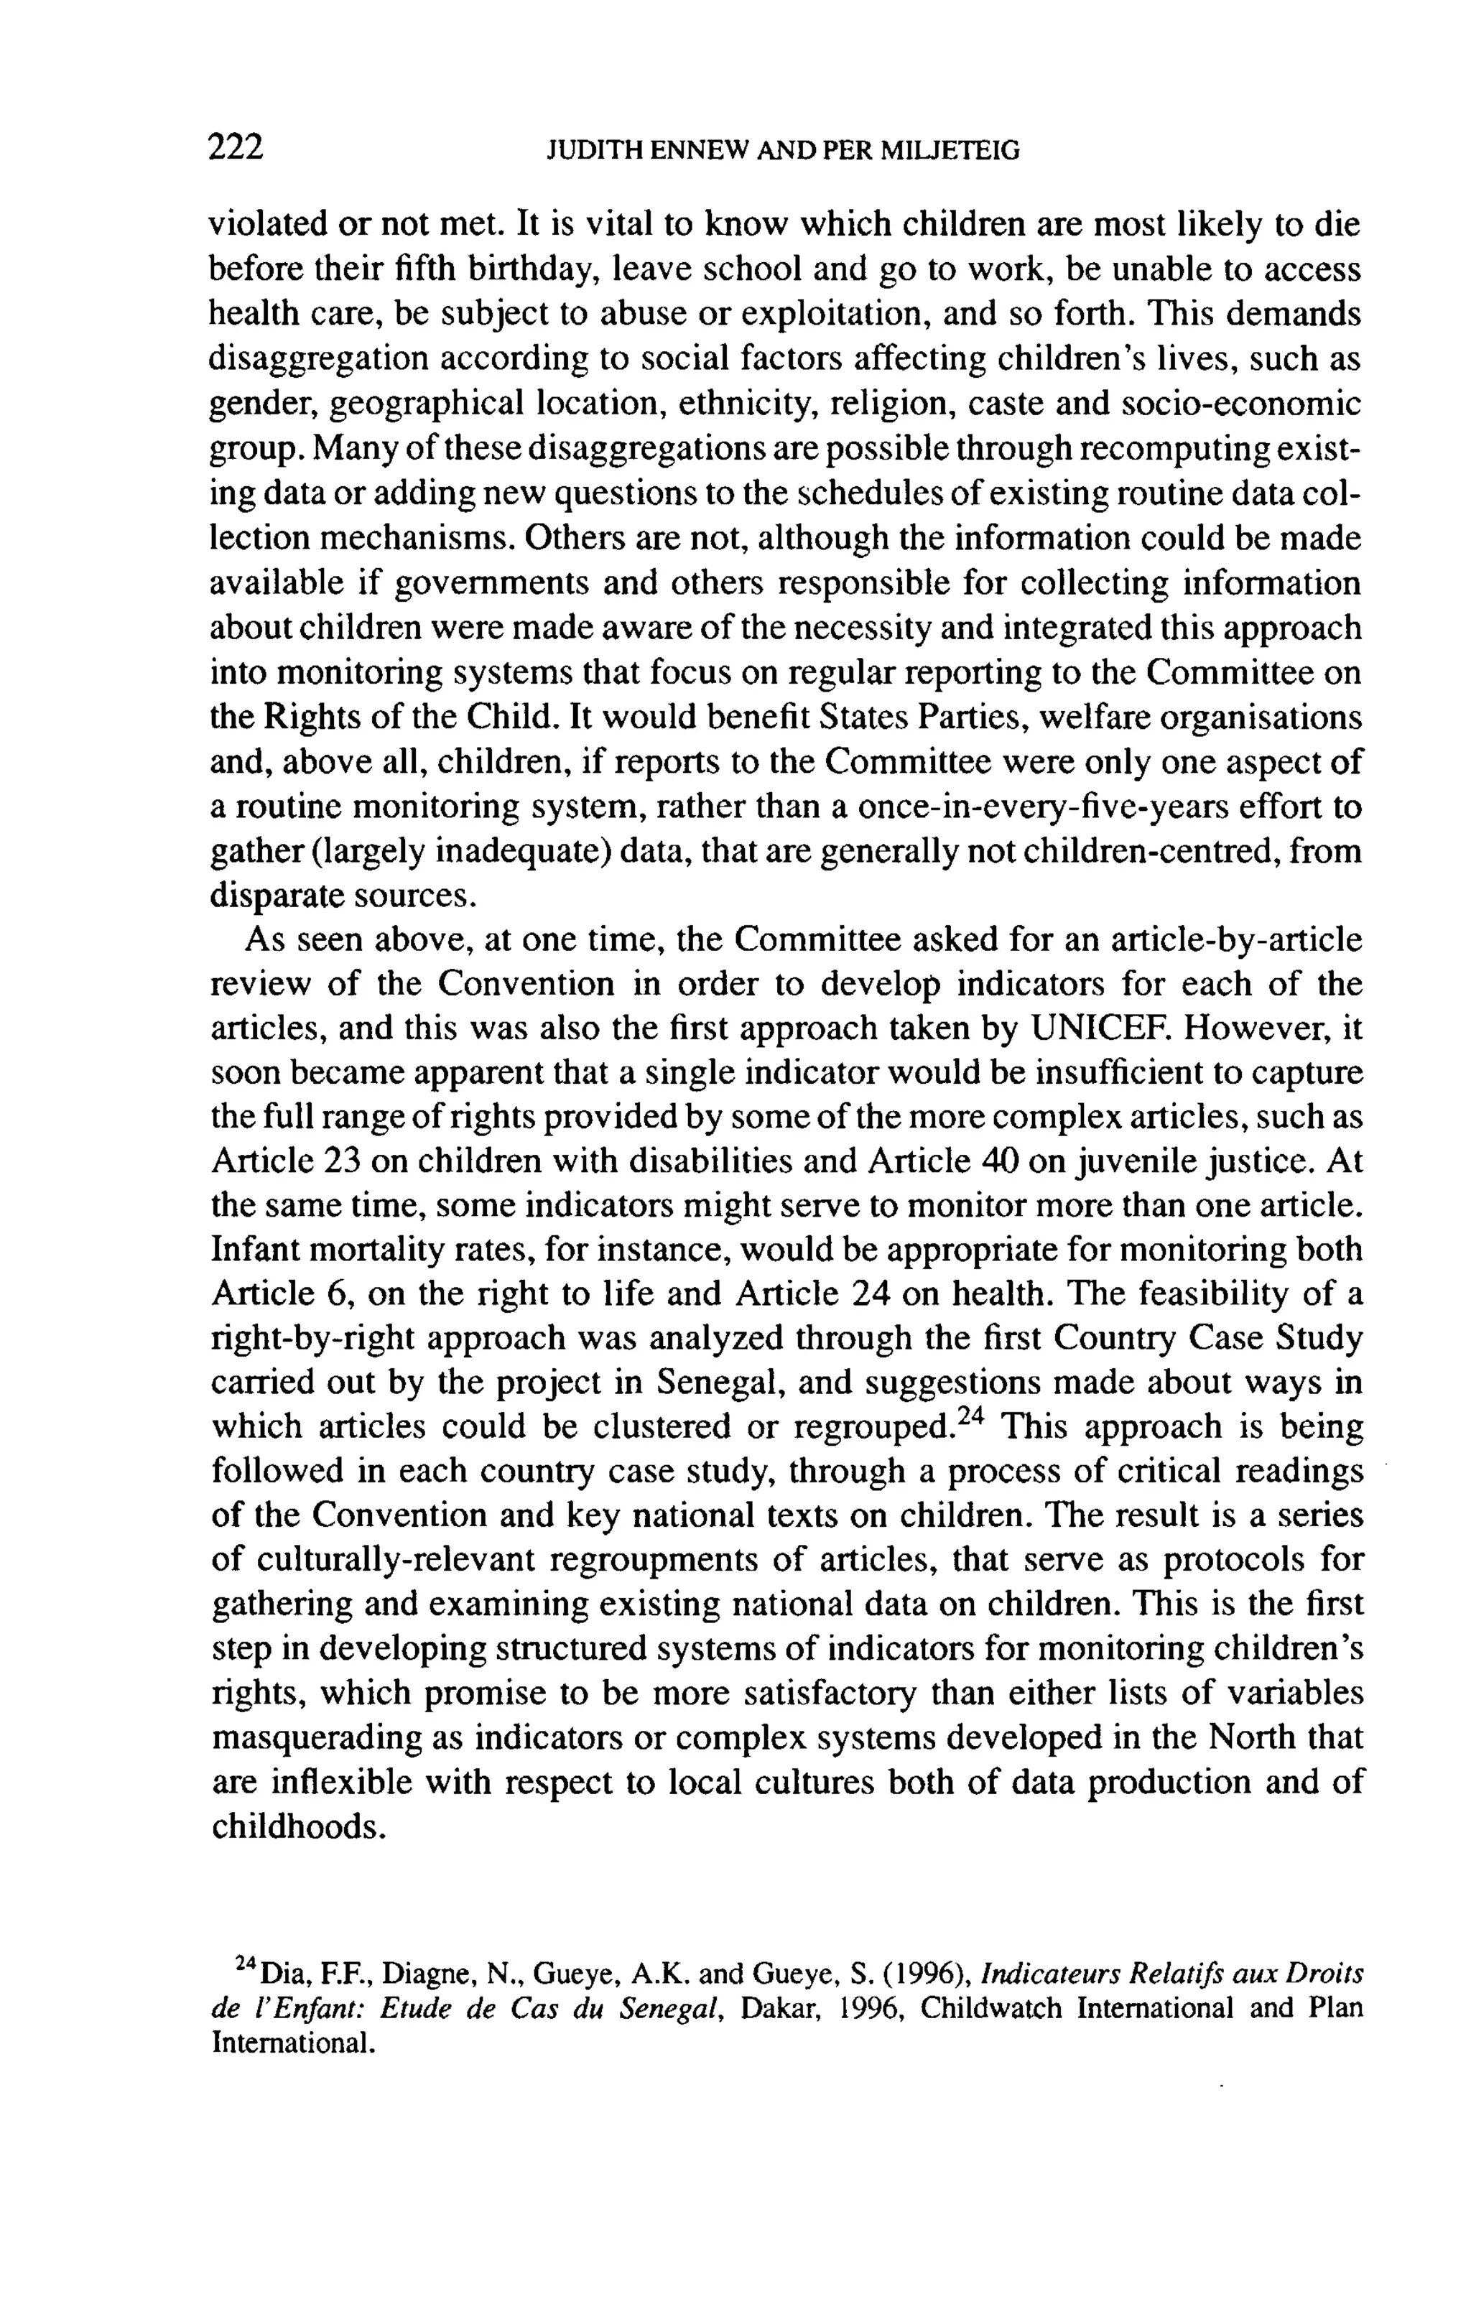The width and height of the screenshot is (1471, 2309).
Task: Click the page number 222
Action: (x=235, y=148)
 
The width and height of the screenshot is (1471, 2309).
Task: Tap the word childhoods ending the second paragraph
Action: (x=297, y=1826)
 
